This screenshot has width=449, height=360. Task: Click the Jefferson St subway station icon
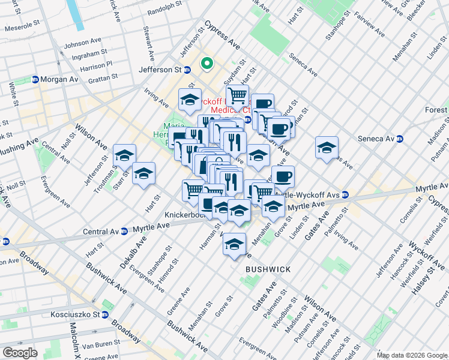(x=187, y=70)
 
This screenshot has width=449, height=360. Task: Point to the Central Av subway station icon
(x=124, y=230)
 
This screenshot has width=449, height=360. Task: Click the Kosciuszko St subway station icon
(x=105, y=314)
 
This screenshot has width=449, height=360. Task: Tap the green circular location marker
(x=206, y=62)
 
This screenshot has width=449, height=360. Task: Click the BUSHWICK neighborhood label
(x=268, y=270)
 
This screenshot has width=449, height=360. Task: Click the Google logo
(x=20, y=353)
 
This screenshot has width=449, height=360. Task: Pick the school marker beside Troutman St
(x=124, y=156)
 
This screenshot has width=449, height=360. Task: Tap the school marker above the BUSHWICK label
(x=234, y=244)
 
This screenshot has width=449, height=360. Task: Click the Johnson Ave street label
(x=83, y=43)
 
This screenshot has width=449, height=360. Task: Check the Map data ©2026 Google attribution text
(x=412, y=355)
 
